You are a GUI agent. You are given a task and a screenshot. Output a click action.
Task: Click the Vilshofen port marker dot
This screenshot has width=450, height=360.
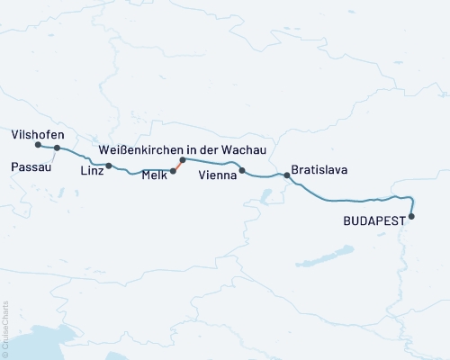pyautogui.click(x=38, y=144)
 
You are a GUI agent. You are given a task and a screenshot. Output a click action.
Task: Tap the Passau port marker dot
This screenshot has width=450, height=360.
pyautogui.click(x=57, y=148)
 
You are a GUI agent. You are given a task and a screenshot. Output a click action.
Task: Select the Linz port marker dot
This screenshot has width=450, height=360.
pyautogui.click(x=109, y=166)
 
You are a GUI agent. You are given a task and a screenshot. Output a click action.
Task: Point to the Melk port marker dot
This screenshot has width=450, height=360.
pyautogui.click(x=173, y=170)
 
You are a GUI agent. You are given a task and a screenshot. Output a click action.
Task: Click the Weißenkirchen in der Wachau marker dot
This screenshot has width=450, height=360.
pyautogui.click(x=182, y=159)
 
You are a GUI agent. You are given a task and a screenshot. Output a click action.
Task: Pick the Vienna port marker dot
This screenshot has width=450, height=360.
pyautogui.click(x=241, y=170)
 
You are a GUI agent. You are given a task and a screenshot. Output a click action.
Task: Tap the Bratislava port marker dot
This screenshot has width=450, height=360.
pyautogui.click(x=287, y=175)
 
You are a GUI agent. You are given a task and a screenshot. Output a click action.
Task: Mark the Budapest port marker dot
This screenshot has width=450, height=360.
pyautogui.click(x=412, y=216)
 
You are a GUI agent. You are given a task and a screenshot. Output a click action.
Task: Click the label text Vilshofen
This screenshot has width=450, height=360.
pyautogui.click(x=35, y=132)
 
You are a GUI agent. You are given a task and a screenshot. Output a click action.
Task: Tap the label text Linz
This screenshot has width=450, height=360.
pyautogui.click(x=92, y=170)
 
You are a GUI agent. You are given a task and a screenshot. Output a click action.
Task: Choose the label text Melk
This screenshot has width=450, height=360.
pyautogui.click(x=155, y=177)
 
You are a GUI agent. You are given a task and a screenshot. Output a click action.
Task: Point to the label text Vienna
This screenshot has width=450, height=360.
pyautogui.click(x=218, y=177)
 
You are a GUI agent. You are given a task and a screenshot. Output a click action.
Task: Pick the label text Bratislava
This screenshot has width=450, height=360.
pyautogui.click(x=319, y=169)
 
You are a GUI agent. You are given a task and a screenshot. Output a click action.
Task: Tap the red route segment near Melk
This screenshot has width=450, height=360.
pyautogui.click(x=177, y=165)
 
